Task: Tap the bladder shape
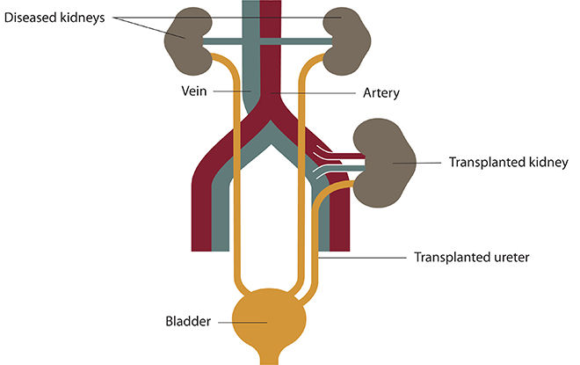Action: (267, 320)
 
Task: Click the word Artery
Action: (381, 92)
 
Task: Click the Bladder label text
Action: (187, 322)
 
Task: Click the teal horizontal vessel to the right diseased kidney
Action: (308, 41)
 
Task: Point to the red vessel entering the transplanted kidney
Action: (352, 156)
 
